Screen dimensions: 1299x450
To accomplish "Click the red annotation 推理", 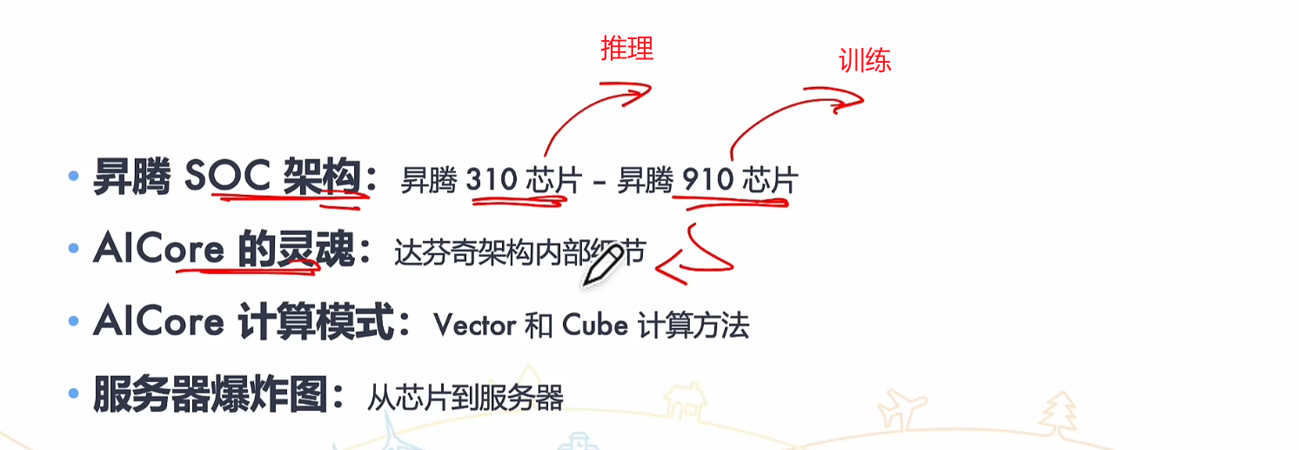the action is click(626, 50).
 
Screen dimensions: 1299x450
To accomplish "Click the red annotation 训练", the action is click(865, 60).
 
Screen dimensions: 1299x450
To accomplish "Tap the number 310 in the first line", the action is click(492, 180).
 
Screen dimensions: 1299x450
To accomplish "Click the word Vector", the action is click(474, 326).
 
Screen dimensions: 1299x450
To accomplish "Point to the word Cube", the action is click(595, 326).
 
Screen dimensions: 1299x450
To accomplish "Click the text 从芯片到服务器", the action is click(465, 398).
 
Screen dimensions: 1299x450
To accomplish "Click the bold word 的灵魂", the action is click(296, 252).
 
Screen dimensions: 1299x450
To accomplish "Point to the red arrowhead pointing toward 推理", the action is click(642, 90).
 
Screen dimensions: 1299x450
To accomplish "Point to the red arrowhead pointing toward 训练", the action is click(853, 102).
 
